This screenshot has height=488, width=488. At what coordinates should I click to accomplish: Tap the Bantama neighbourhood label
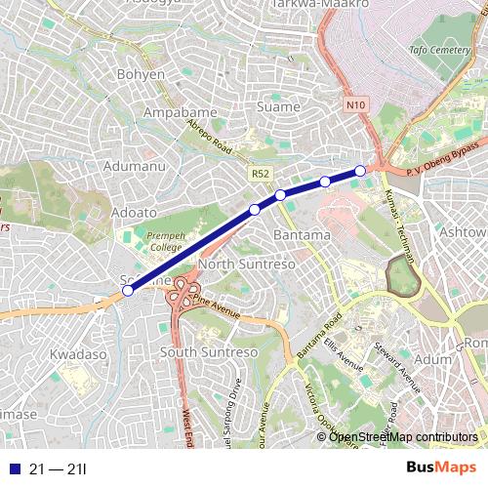[x=302, y=235]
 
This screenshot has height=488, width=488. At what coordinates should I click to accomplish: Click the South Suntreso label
[x=207, y=351]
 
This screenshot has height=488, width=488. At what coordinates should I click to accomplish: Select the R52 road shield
[x=259, y=174]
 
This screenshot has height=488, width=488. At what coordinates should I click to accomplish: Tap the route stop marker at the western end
[x=128, y=290]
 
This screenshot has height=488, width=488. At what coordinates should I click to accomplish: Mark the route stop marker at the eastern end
[x=360, y=171]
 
